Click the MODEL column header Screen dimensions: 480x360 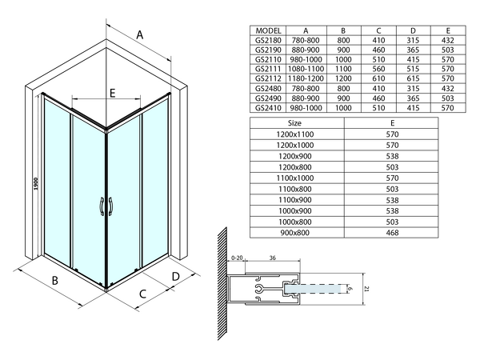(x=268, y=30)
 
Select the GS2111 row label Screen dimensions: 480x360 (x=268, y=69)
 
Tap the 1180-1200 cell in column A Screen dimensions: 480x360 (x=306, y=78)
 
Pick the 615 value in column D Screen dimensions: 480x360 (x=413, y=78)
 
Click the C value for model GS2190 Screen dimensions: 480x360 (x=378, y=50)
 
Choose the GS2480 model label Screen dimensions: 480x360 (x=268, y=89)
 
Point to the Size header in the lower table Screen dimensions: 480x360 (x=294, y=123)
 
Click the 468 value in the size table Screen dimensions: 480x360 (x=392, y=233)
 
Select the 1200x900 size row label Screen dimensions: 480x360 (x=294, y=157)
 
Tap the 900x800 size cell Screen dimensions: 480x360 (x=294, y=233)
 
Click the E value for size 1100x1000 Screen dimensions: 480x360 (x=392, y=178)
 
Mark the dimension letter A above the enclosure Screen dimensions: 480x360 (x=139, y=35)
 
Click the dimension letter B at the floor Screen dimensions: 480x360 (x=54, y=280)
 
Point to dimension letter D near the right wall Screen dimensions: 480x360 (x=175, y=277)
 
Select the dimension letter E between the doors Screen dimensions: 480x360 (x=112, y=93)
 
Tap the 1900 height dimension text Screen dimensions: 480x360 (x=36, y=184)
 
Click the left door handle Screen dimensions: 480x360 (x=102, y=206)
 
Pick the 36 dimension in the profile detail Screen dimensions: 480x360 (x=273, y=258)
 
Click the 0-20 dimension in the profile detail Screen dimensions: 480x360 (x=237, y=258)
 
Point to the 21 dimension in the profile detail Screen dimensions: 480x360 (x=367, y=289)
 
